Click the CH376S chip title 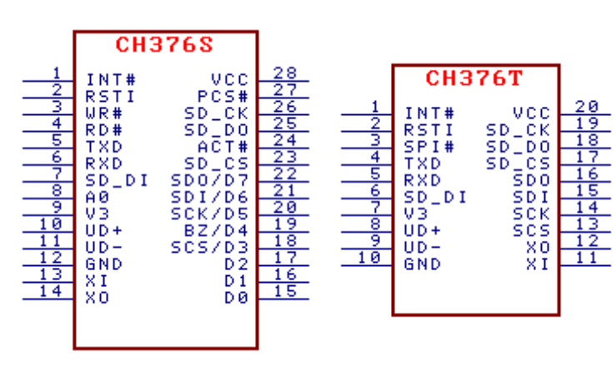164,45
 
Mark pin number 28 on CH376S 286,73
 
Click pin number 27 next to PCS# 286,90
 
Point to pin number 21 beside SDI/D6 286,190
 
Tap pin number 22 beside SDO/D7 286,173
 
